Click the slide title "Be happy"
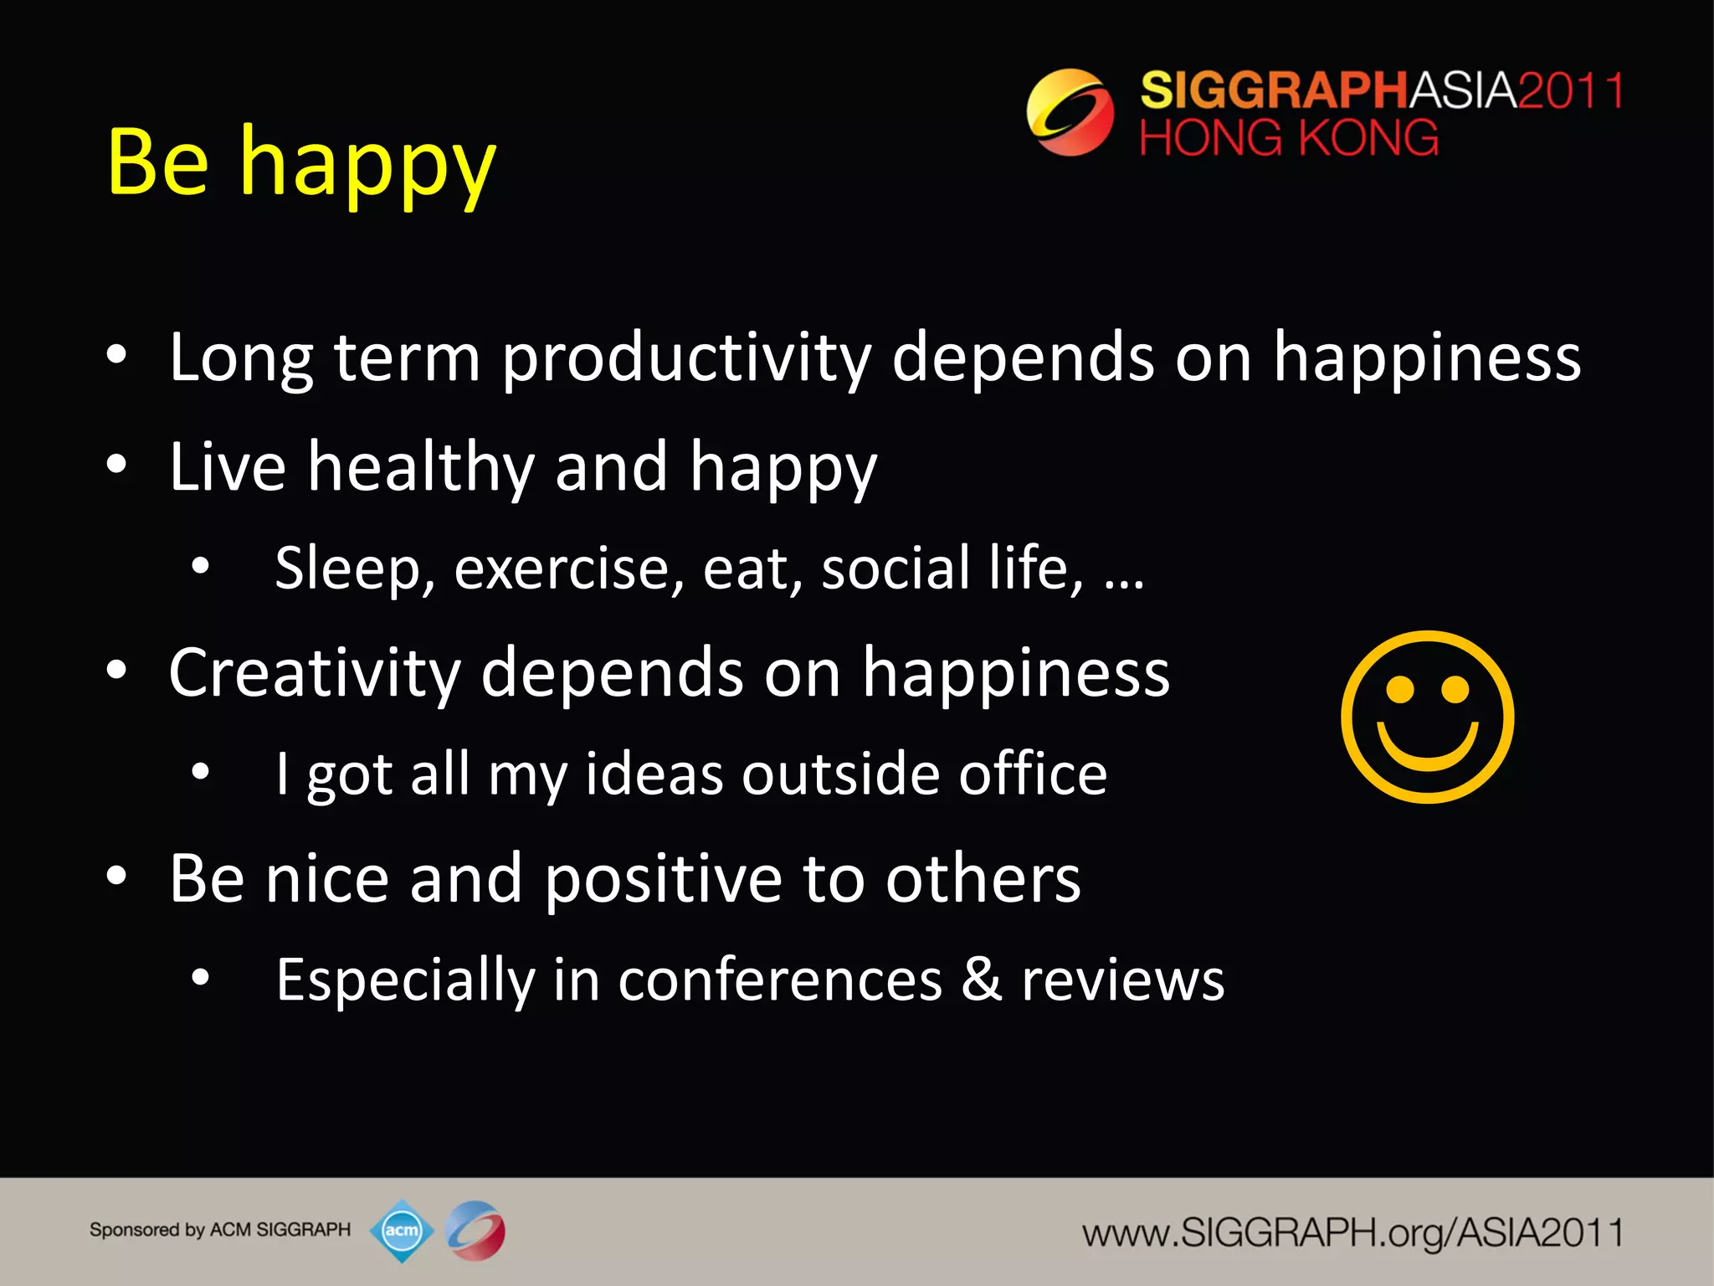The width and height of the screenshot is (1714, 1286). click(301, 163)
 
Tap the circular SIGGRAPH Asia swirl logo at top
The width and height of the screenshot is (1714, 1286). click(1070, 112)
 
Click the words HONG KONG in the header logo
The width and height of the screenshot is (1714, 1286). click(1289, 139)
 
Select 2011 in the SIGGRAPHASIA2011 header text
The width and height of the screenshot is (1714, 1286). click(1571, 90)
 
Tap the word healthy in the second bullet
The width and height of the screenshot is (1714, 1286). click(421, 467)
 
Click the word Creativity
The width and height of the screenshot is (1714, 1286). click(315, 673)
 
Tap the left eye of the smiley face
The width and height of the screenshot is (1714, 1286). click(1399, 690)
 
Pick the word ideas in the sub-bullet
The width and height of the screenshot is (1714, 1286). click(654, 774)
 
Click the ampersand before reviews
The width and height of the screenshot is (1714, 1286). click(982, 980)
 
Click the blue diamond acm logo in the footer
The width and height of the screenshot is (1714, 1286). click(402, 1230)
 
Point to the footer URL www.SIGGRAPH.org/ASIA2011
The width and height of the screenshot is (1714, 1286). click(1352, 1233)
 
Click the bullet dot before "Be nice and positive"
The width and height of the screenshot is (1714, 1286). click(117, 877)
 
